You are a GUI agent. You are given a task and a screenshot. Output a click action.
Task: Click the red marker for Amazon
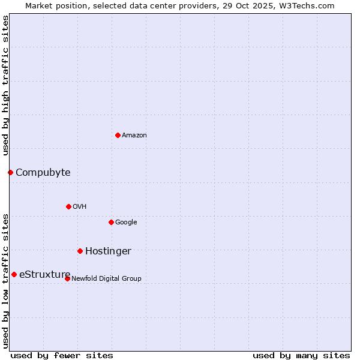[118, 135]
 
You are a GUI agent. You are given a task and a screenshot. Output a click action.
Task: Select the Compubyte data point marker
[10, 172]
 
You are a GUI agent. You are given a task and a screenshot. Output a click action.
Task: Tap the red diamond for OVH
[68, 206]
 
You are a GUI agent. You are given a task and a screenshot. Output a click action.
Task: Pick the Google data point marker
[111, 222]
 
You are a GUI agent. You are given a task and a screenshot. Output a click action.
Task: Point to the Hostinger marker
[80, 251]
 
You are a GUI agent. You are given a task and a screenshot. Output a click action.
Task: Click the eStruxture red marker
[14, 274]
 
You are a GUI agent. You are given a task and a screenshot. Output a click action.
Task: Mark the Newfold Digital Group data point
[67, 278]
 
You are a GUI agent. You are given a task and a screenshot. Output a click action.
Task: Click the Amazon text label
[134, 136]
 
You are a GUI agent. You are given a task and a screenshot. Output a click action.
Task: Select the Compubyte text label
[43, 173]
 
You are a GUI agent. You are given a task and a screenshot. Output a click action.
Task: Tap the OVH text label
[80, 207]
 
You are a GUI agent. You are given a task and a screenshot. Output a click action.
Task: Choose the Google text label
[126, 223]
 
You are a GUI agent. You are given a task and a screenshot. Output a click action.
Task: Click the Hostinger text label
[108, 251]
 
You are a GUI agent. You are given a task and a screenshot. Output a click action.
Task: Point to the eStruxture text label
[44, 275]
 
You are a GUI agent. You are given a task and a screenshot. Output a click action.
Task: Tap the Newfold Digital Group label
[106, 279]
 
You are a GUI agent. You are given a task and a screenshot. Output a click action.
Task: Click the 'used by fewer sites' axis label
[62, 355]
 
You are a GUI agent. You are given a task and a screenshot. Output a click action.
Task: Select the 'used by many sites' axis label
[301, 355]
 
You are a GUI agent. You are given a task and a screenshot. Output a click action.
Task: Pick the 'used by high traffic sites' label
[6, 86]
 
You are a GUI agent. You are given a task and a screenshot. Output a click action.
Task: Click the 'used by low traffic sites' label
[6, 281]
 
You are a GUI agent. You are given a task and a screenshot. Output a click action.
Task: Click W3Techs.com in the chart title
[310, 6]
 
